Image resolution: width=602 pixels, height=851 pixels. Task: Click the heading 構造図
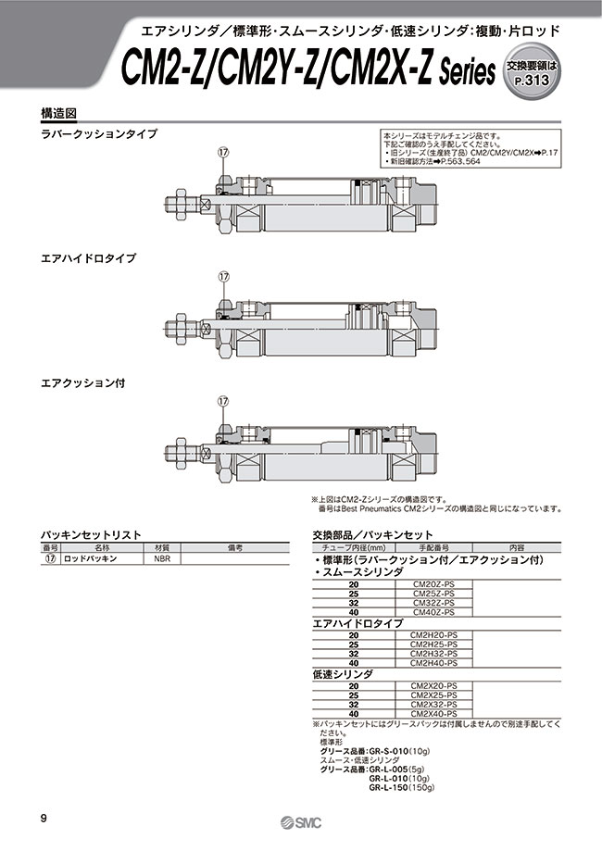click(x=58, y=112)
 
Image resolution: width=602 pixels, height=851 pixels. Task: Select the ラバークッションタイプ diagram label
click(x=99, y=133)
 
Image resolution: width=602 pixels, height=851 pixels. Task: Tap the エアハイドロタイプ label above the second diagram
click(x=88, y=258)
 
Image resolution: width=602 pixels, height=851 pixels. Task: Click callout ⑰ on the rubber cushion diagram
click(x=222, y=152)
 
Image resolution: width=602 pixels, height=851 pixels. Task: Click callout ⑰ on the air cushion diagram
click(x=222, y=401)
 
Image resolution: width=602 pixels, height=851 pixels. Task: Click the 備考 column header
click(x=234, y=548)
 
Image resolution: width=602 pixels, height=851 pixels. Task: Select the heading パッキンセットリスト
click(x=91, y=535)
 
